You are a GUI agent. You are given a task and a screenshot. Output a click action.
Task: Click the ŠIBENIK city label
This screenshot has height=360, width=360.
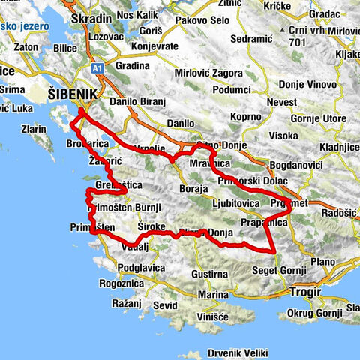tap(71, 94)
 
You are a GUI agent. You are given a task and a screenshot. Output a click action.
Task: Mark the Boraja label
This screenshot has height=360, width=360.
tap(194, 189)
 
